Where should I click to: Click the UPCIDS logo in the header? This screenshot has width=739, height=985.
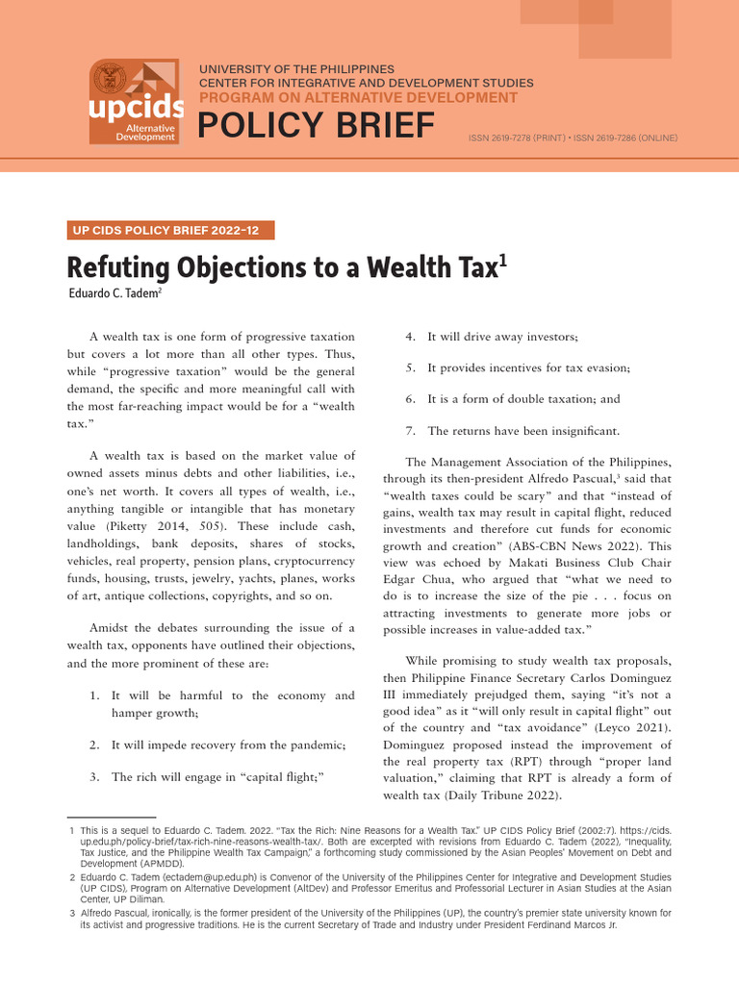134,102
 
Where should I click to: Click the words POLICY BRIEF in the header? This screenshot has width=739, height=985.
317,126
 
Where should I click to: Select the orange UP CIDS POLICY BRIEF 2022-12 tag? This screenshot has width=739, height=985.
170,230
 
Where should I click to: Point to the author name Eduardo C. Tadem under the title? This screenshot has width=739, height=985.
111,293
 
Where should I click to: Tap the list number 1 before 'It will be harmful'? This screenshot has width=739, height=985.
93,695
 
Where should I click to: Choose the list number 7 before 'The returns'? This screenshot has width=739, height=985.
410,431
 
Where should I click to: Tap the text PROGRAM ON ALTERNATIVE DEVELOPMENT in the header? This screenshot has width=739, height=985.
358,98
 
